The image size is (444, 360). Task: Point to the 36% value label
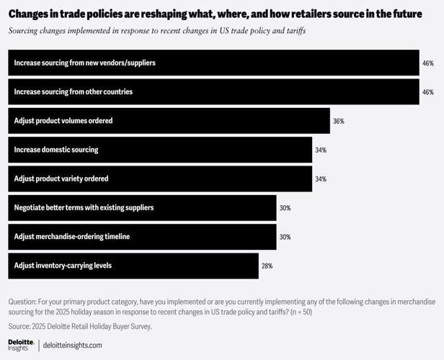[x=338, y=121]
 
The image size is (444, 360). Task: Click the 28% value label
[x=267, y=266]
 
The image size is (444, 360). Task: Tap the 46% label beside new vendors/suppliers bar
[x=428, y=63]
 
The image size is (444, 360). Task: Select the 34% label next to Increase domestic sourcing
[x=321, y=150]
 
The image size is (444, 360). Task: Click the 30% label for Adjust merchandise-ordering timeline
[x=285, y=237]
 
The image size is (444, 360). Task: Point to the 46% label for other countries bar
[x=428, y=92]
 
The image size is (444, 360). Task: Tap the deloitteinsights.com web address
[x=73, y=346]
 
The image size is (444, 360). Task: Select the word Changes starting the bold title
[x=30, y=14]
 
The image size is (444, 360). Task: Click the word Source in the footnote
[x=19, y=326]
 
